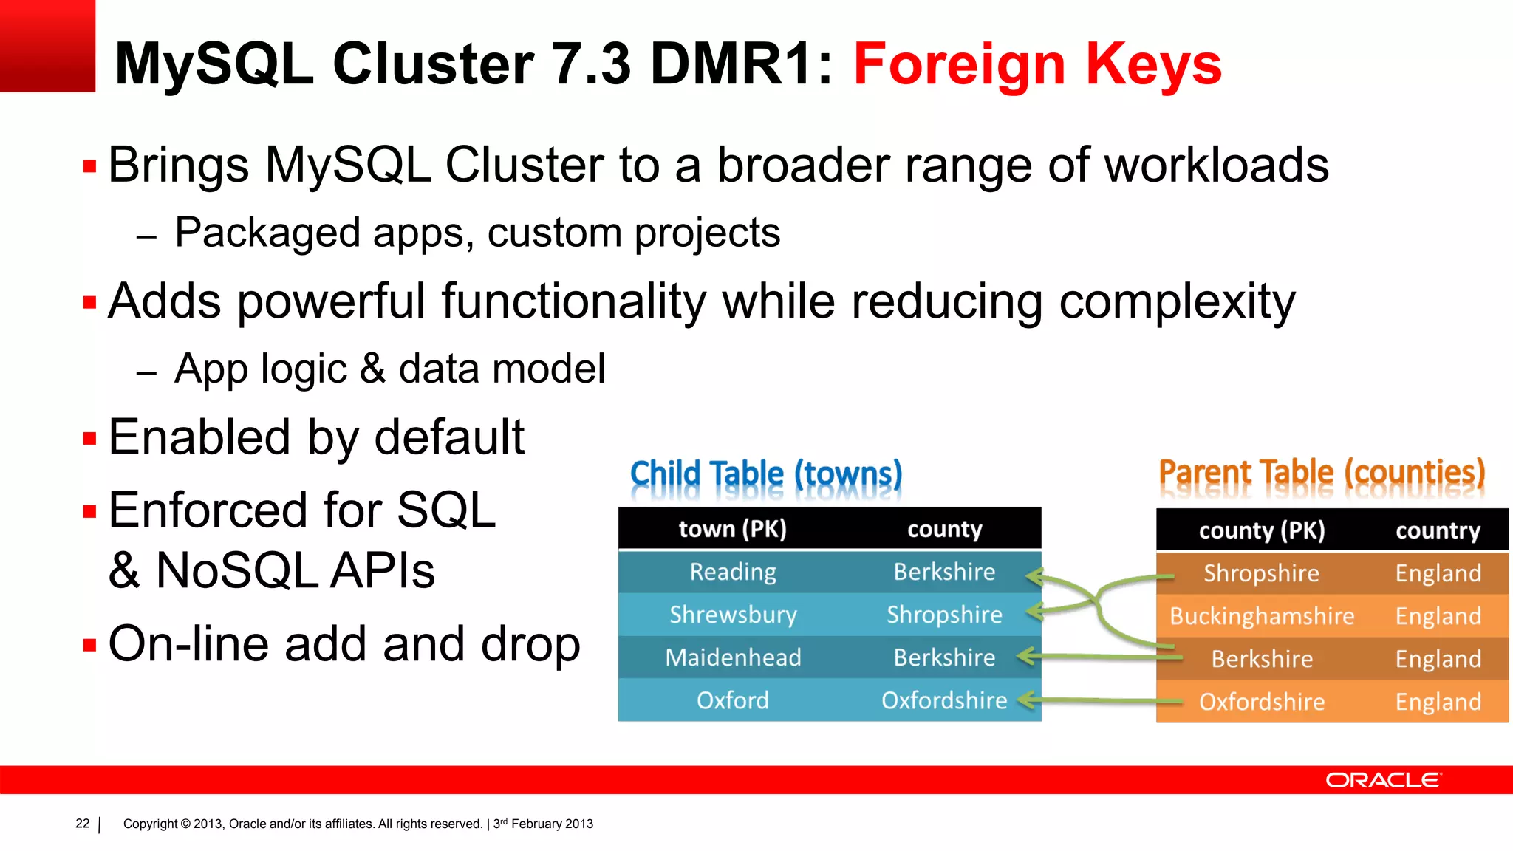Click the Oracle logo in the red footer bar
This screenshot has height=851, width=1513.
[1382, 780]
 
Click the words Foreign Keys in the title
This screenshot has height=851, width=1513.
[1037, 65]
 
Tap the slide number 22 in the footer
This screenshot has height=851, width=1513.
[83, 824]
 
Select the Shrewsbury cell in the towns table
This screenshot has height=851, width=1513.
[733, 615]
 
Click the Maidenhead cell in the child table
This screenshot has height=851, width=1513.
[733, 657]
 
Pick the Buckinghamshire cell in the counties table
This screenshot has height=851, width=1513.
[1262, 616]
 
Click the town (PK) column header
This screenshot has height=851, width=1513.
[733, 529]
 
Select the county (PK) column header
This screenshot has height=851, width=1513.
[1262, 530]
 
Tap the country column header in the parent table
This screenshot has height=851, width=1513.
[1438, 530]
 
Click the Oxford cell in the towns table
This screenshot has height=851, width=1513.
[733, 700]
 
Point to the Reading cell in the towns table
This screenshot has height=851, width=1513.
[733, 572]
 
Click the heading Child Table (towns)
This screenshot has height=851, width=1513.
[766, 474]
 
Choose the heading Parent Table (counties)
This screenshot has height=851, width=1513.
[1322, 473]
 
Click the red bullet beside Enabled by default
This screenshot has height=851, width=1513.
[90, 439]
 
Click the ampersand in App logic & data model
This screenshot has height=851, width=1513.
[373, 369]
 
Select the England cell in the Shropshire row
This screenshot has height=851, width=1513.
[1438, 573]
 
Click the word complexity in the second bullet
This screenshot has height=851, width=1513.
[1177, 303]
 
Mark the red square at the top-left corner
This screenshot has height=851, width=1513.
[47, 46]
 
